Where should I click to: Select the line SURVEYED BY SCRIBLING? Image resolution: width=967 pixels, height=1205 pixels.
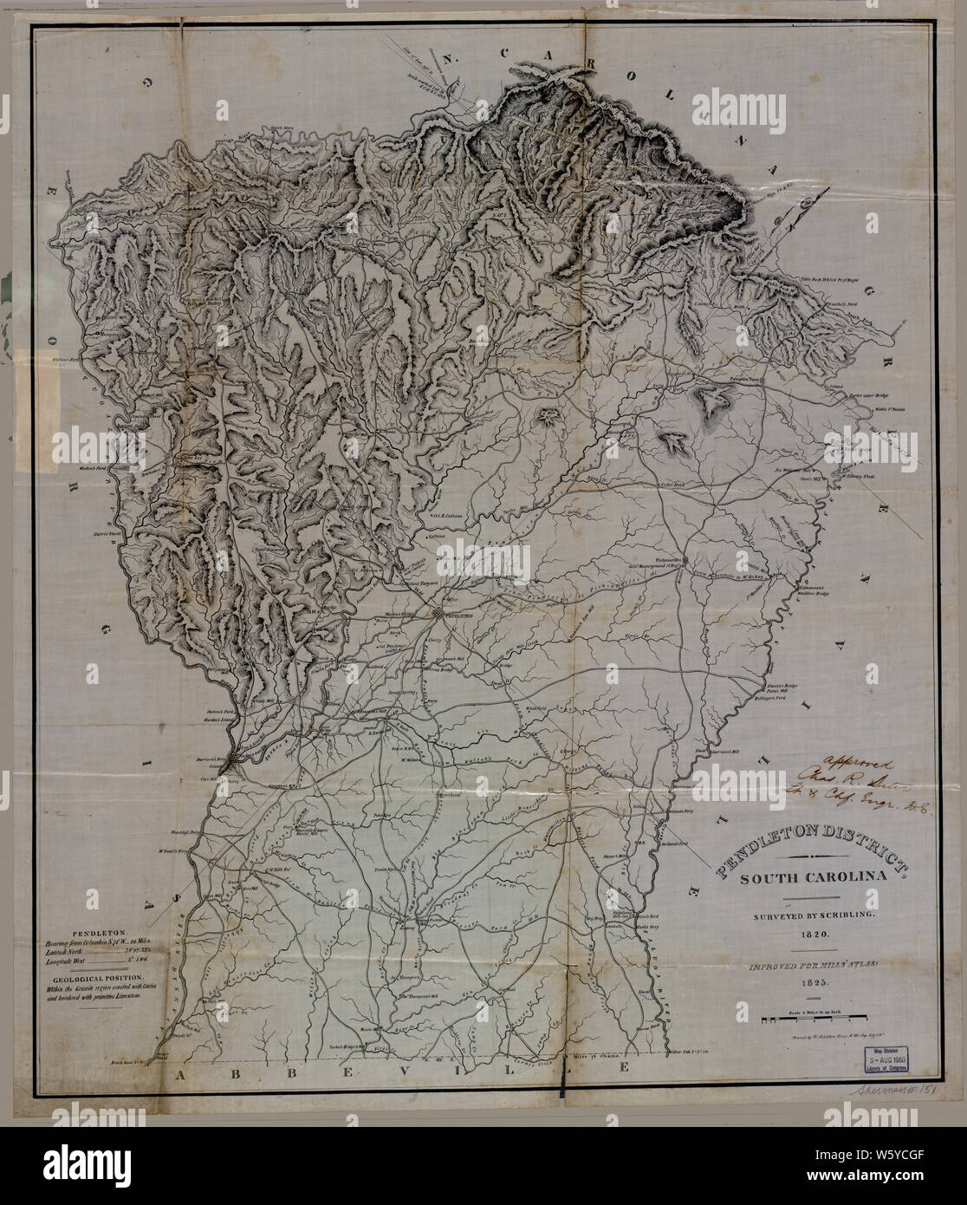(802, 915)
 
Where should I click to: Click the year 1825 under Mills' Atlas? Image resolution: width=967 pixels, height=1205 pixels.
(802, 985)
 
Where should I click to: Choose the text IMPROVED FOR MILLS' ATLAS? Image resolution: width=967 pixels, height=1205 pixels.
(802, 962)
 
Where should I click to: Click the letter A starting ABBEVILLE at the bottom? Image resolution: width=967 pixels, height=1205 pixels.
(182, 1075)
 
